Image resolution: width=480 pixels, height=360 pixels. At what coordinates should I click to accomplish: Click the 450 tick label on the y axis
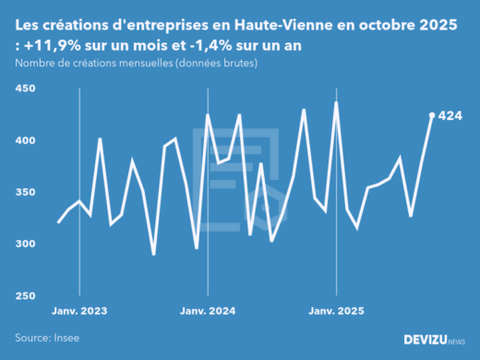click(25, 89)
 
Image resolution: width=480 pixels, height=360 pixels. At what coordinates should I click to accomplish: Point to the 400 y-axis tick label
click(25, 140)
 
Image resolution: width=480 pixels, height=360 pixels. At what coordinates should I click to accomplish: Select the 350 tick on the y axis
click(25, 192)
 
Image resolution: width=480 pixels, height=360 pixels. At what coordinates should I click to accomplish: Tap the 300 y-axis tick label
click(25, 244)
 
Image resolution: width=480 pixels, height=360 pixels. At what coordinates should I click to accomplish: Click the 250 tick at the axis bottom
click(25, 295)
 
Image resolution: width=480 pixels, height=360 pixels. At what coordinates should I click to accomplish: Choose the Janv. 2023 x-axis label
click(79, 311)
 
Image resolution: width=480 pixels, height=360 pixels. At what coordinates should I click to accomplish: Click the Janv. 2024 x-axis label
click(208, 311)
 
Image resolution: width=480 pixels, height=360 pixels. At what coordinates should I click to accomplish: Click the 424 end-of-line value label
click(450, 116)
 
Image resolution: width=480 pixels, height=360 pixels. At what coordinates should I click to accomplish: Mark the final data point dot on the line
click(432, 115)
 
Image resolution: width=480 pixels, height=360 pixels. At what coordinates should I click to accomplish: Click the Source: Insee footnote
click(47, 339)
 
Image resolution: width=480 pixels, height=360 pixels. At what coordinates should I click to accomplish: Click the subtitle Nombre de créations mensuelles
click(102, 63)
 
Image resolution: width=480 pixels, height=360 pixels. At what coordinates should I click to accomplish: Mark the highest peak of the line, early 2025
click(336, 102)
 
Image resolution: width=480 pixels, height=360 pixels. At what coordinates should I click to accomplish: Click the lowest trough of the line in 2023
click(154, 255)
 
